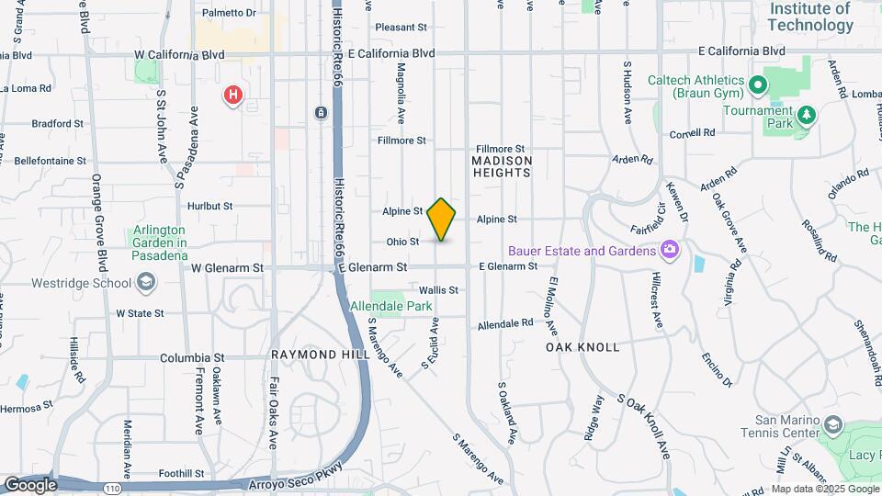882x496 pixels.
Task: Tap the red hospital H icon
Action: coord(234,95)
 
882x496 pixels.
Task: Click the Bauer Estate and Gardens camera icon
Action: coord(670,250)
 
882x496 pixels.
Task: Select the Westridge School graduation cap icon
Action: coord(145,282)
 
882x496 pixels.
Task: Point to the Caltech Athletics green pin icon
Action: coord(758,86)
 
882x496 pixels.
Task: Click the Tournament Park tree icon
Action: coord(806,115)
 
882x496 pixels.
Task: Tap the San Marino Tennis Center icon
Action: coord(832,425)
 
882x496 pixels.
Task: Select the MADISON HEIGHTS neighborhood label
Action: coord(502,166)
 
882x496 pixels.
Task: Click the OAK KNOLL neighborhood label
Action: coord(582,347)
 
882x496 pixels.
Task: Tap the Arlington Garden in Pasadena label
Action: coord(161,242)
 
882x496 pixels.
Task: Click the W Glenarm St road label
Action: coord(227,267)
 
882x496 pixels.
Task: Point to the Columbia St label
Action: coord(192,357)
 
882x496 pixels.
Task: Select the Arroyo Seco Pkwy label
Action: coord(296,478)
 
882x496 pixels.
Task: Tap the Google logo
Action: coord(30,485)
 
